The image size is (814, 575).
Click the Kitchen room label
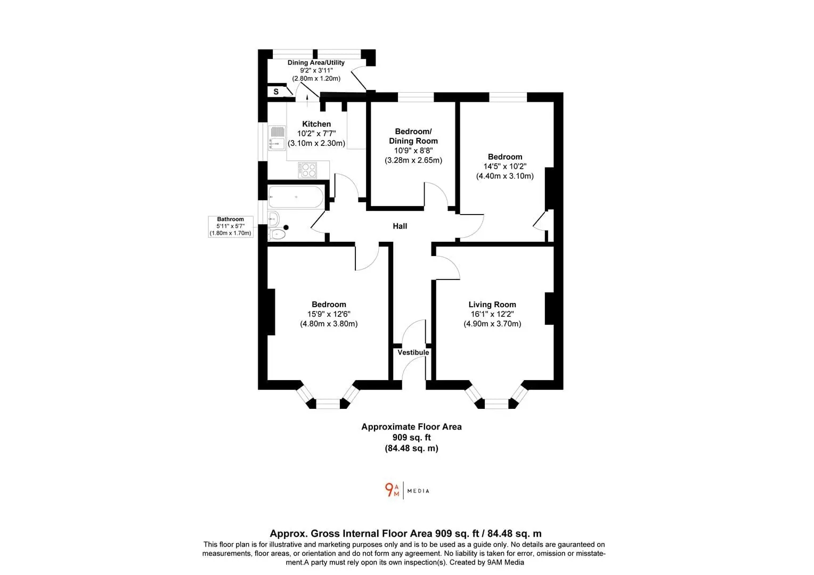[x=316, y=124]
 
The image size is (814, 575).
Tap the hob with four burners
[x=307, y=170]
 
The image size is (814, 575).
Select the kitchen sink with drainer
[x=276, y=138]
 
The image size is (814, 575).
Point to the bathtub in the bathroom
[x=296, y=197]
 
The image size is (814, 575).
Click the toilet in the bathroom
[x=277, y=234]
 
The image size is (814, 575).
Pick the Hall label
[x=400, y=226]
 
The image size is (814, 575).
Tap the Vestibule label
[x=413, y=352]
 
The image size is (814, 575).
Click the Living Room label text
[x=492, y=305]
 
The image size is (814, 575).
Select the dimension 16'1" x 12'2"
[x=492, y=314]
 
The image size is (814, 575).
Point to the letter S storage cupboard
[x=276, y=92]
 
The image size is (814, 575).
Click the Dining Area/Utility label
[x=316, y=62]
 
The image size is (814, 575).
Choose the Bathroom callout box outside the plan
[x=230, y=226]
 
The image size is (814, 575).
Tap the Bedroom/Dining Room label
[x=413, y=136]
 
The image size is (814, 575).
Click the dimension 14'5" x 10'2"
[x=504, y=166]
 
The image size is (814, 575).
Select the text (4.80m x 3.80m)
[x=329, y=324]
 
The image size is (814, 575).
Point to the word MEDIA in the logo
[x=418, y=491]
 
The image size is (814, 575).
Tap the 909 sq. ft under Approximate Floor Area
[x=411, y=437]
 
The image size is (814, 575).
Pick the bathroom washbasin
[x=274, y=219]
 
